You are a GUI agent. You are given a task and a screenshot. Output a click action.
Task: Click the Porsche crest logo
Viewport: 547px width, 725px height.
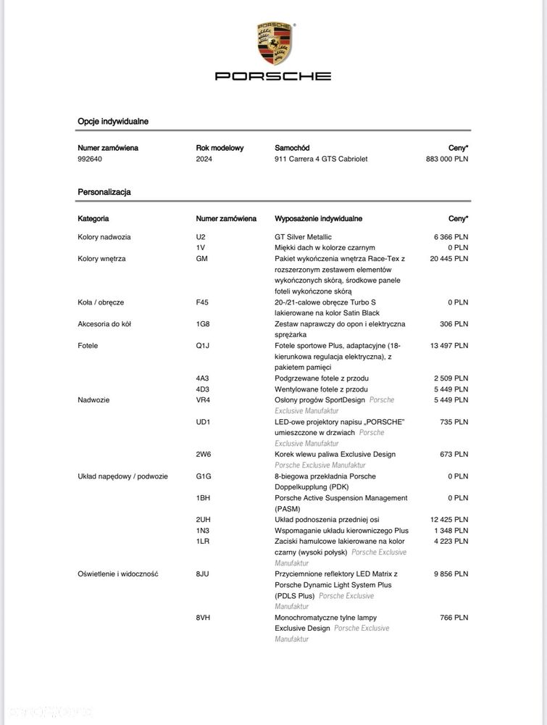tap(273, 43)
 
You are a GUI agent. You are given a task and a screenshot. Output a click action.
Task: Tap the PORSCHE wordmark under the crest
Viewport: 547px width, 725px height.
tap(273, 75)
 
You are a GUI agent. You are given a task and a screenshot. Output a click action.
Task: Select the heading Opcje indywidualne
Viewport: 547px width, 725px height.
tap(113, 122)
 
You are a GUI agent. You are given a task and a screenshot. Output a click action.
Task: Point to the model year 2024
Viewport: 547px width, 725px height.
tap(204, 159)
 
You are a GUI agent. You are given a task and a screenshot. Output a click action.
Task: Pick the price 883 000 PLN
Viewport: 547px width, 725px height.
tap(446, 159)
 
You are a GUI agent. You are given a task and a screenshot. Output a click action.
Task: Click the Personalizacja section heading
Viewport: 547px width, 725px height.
tap(104, 192)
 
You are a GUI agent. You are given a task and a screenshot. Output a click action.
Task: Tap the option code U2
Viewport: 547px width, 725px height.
tap(201, 236)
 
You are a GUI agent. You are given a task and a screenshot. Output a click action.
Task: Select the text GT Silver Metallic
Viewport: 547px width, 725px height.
tap(303, 236)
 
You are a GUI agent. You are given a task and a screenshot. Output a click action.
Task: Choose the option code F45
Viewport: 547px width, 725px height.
tap(202, 302)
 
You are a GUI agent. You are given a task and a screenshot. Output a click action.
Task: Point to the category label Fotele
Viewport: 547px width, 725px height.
tap(88, 345)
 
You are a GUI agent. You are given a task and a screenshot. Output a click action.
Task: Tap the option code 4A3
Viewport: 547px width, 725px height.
tap(202, 378)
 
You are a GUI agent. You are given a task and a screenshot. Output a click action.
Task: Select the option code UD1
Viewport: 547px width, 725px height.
tap(203, 421)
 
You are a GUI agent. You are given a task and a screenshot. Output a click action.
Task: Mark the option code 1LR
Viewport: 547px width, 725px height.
tap(202, 541)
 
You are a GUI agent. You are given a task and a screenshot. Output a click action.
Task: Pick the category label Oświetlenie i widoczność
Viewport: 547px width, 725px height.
tap(118, 573)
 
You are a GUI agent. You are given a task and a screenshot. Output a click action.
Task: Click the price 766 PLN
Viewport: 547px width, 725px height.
tap(455, 617)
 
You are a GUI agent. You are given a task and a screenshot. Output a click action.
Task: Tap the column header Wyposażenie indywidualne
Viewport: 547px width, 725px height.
tap(318, 218)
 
